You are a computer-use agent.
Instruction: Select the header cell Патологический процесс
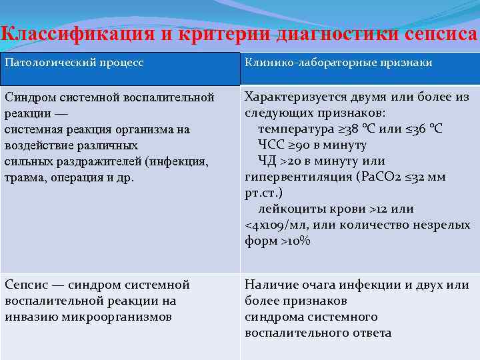(74, 63)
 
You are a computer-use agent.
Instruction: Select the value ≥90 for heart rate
(304, 145)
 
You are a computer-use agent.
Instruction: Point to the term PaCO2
(379, 177)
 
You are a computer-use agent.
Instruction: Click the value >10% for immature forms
(295, 241)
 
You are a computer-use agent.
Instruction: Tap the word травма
(25, 178)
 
